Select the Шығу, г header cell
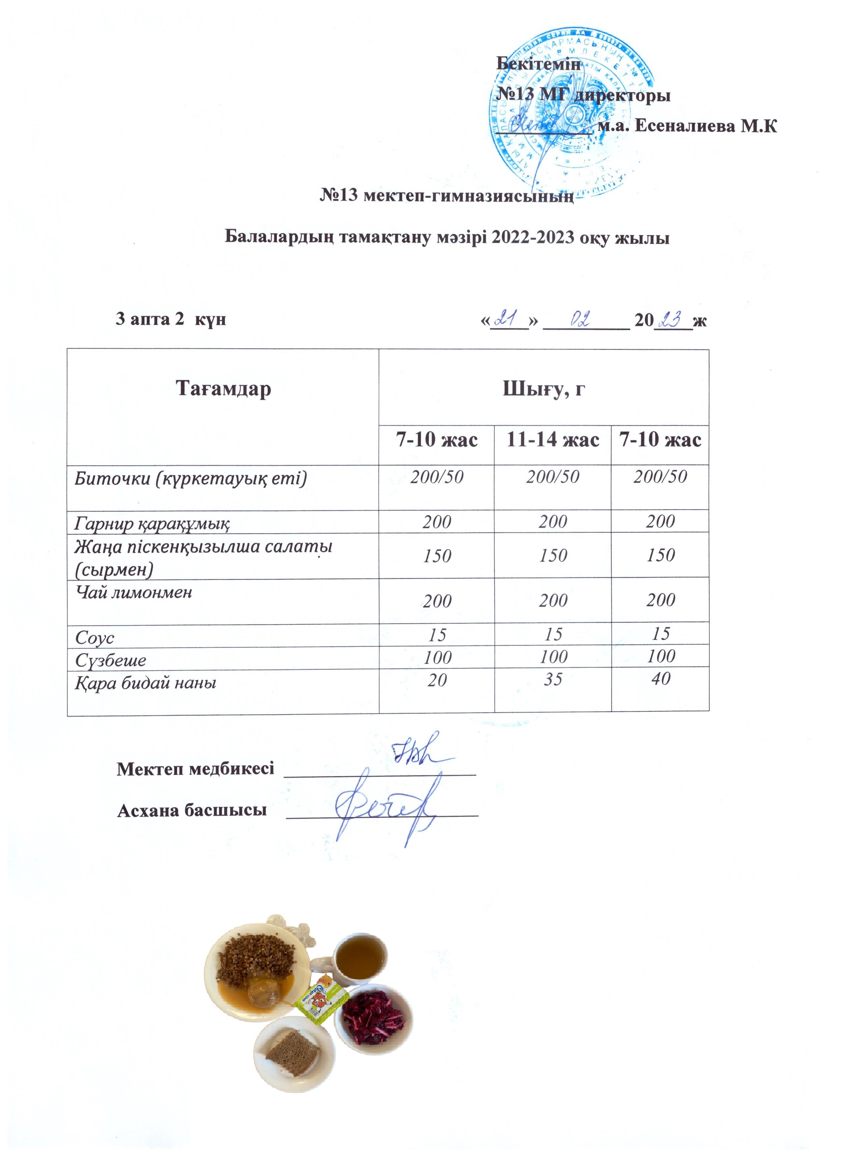pyautogui.click(x=544, y=389)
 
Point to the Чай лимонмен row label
pyautogui.click(x=133, y=592)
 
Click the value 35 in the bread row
pyautogui.click(x=553, y=679)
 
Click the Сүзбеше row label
pyautogui.click(x=111, y=661)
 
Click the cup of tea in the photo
pyautogui.click(x=361, y=956)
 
